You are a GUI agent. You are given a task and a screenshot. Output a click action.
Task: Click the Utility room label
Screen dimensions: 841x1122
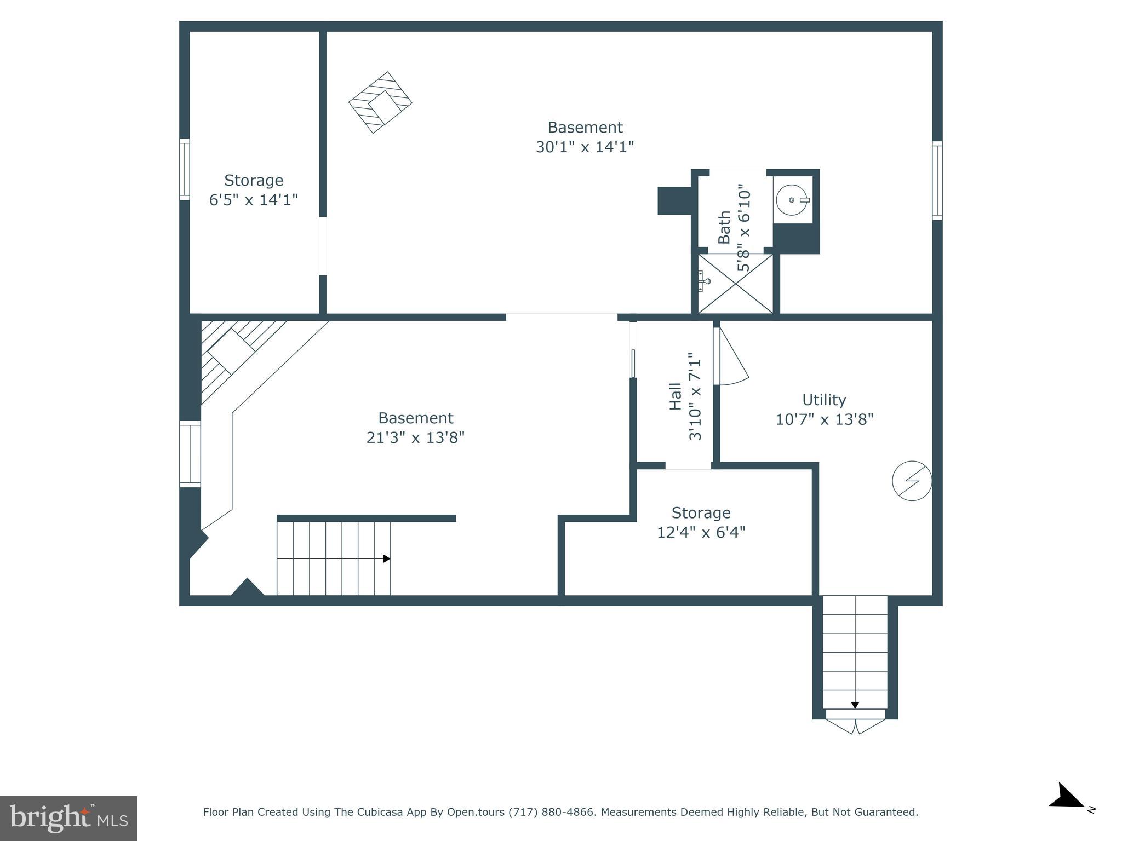tap(824, 400)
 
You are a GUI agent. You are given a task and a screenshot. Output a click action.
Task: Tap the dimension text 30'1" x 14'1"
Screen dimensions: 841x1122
tap(585, 147)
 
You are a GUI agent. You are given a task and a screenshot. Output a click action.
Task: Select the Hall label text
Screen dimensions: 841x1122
tap(676, 396)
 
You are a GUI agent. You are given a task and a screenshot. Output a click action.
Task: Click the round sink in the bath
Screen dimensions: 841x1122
tap(792, 200)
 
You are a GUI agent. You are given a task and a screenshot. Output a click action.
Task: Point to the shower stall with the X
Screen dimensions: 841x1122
tap(735, 284)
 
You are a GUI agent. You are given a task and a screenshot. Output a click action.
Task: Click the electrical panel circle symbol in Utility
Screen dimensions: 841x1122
tap(912, 481)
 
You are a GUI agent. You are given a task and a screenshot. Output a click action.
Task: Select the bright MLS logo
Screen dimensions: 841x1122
tap(68, 818)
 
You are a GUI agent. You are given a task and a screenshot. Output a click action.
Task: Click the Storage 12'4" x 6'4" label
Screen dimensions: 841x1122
tap(701, 522)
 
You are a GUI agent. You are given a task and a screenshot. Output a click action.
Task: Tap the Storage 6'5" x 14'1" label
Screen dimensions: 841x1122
tap(254, 189)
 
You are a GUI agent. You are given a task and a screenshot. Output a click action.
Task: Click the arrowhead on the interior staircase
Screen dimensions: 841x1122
tap(386, 558)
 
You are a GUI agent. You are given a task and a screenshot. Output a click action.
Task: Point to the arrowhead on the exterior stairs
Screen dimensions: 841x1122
tap(855, 706)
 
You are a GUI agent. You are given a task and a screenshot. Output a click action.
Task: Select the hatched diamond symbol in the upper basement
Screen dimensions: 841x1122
tap(380, 102)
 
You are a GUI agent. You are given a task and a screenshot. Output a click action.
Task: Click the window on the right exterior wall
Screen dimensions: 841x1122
tap(937, 181)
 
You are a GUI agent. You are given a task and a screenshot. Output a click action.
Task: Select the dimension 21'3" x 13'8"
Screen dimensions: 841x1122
tap(415, 438)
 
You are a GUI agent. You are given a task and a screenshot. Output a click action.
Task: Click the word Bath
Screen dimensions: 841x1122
tap(724, 227)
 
